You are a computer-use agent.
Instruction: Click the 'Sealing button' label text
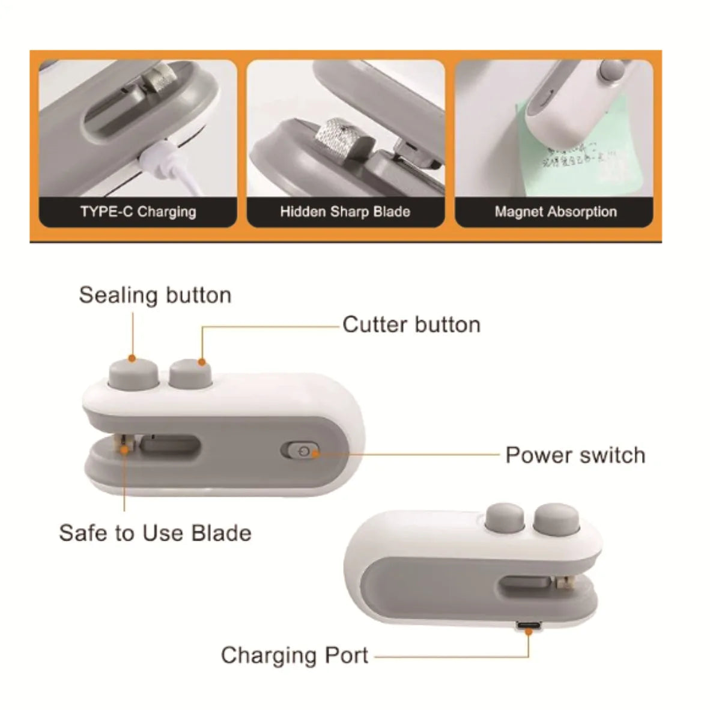155,295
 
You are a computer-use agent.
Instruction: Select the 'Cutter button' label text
411,324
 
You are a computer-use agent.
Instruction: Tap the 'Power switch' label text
575,455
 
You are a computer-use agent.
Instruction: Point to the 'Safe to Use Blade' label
155,533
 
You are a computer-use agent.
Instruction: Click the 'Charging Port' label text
294,655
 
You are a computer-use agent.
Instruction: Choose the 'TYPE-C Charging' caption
138,211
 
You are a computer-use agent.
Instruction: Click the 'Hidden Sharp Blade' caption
345,211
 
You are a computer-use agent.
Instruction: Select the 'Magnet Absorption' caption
556,211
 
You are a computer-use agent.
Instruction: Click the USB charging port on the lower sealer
529,627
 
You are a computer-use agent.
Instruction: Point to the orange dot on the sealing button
133,359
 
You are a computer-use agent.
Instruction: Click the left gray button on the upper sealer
133,374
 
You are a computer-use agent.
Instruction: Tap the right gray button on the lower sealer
556,520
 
